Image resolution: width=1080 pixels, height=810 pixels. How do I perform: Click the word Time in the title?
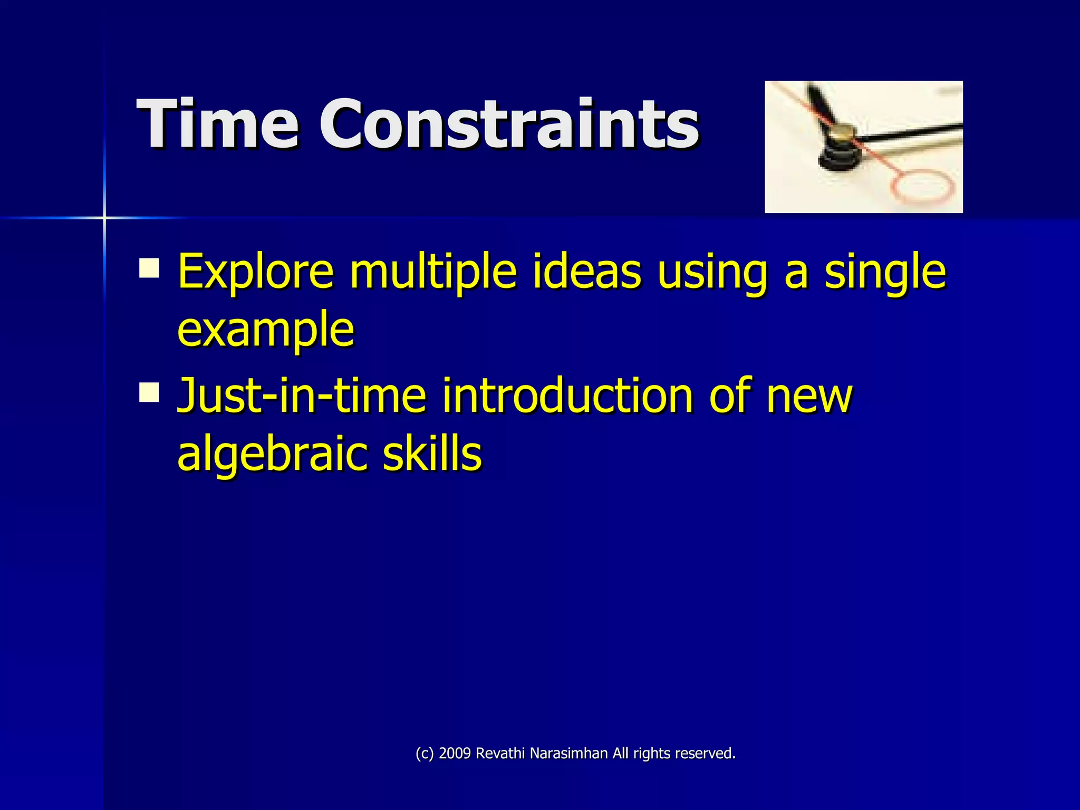click(x=217, y=124)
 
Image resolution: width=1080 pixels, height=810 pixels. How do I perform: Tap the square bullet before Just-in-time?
click(x=149, y=392)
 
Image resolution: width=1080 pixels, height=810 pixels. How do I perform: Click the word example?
click(x=265, y=330)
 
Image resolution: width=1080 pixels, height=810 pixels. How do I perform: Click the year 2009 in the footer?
click(x=455, y=754)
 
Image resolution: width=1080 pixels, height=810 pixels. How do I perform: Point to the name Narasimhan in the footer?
click(x=568, y=754)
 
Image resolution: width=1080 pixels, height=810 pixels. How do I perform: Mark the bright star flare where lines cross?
click(x=104, y=217)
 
